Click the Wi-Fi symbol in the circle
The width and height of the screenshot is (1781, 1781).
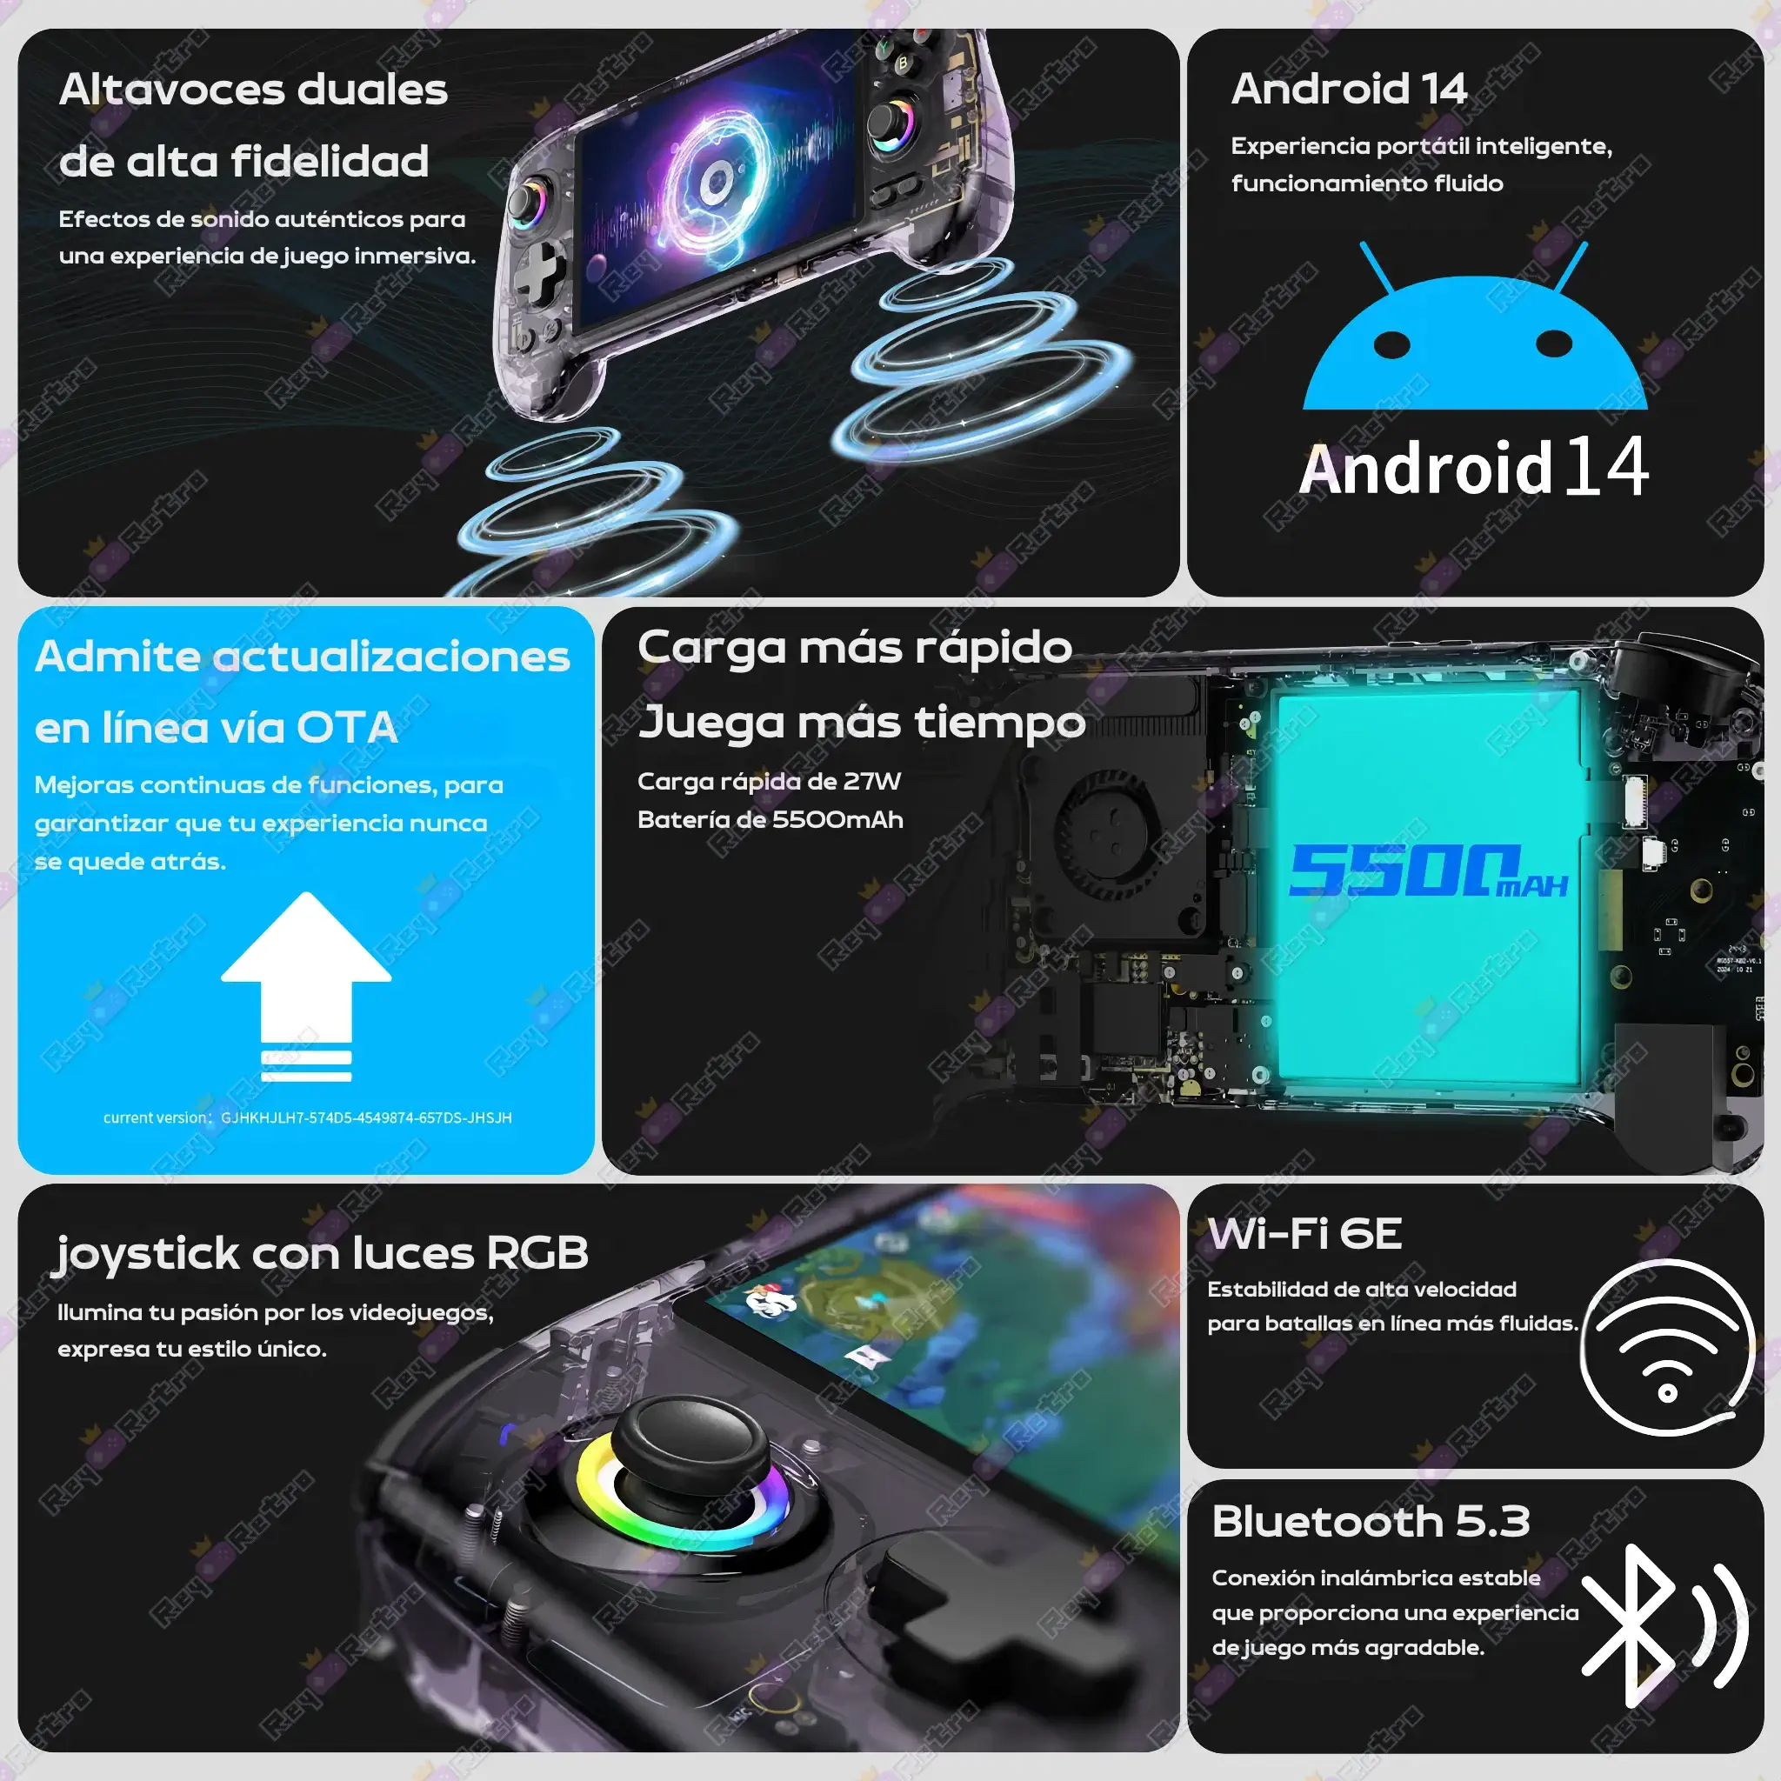click(x=1667, y=1348)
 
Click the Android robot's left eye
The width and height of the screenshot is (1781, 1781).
click(x=1392, y=344)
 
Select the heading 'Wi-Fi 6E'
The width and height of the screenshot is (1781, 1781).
click(x=1305, y=1233)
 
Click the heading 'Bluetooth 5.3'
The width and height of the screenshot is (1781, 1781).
click(x=1371, y=1522)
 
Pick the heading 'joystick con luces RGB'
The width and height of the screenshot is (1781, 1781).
click(x=321, y=1254)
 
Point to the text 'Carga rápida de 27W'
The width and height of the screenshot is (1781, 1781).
click(x=769, y=782)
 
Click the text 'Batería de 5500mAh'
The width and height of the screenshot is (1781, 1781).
click(x=770, y=819)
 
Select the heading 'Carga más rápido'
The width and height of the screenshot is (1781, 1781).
click(x=855, y=647)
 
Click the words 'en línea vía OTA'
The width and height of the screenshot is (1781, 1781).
click(x=216, y=728)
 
